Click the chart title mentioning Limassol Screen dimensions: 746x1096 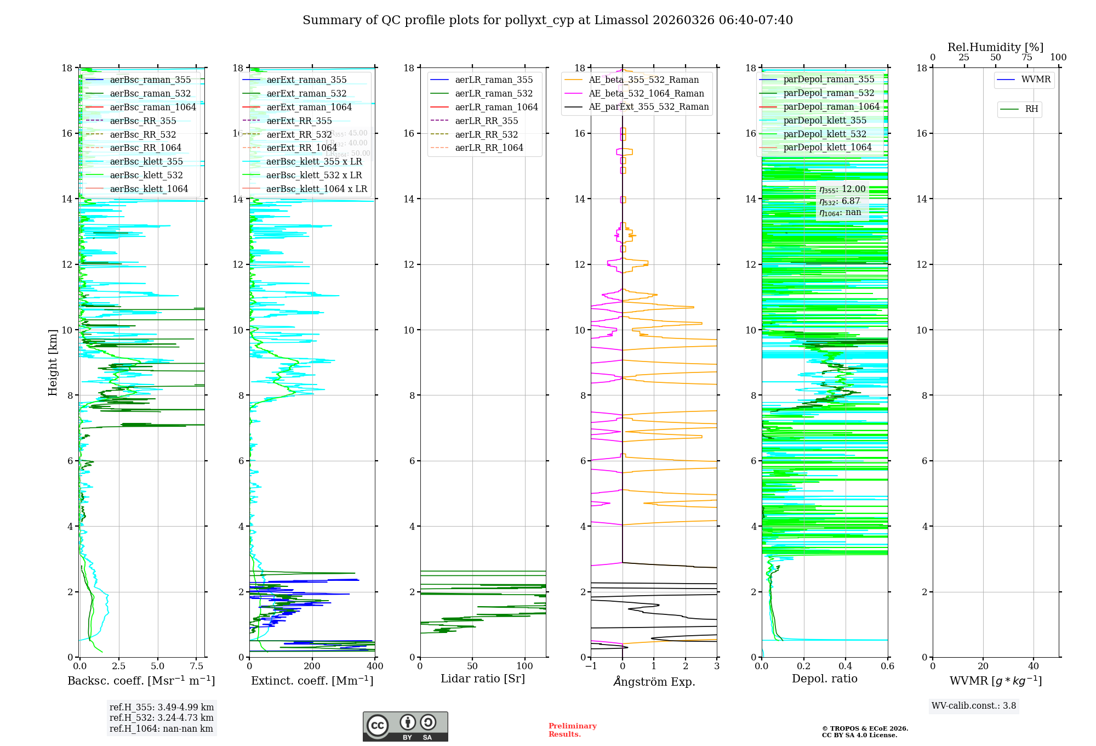coord(547,20)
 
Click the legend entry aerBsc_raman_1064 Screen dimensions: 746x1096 coord(152,107)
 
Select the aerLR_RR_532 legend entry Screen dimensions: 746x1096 coord(486,134)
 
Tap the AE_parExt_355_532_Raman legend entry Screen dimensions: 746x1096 coord(648,107)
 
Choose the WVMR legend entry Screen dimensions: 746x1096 coord(1036,80)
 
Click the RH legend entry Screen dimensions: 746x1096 coord(1031,109)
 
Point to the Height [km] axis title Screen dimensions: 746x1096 coord(53,362)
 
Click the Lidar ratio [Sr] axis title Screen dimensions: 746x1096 coord(482,679)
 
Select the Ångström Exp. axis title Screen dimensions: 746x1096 coord(654,681)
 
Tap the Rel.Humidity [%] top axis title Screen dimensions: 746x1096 coord(995,47)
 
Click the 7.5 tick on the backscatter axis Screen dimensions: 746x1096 coord(196,666)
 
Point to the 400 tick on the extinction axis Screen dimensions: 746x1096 coord(375,666)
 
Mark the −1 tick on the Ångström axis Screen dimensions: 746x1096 coord(591,666)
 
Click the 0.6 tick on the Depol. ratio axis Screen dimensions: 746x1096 coord(887,666)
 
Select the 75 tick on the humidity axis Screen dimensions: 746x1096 coord(1027,58)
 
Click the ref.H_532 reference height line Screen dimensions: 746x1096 coord(161,717)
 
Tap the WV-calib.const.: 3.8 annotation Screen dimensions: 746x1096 coord(974,706)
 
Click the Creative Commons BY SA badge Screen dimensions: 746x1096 coord(405,726)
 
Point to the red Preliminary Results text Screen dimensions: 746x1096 coord(572,730)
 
